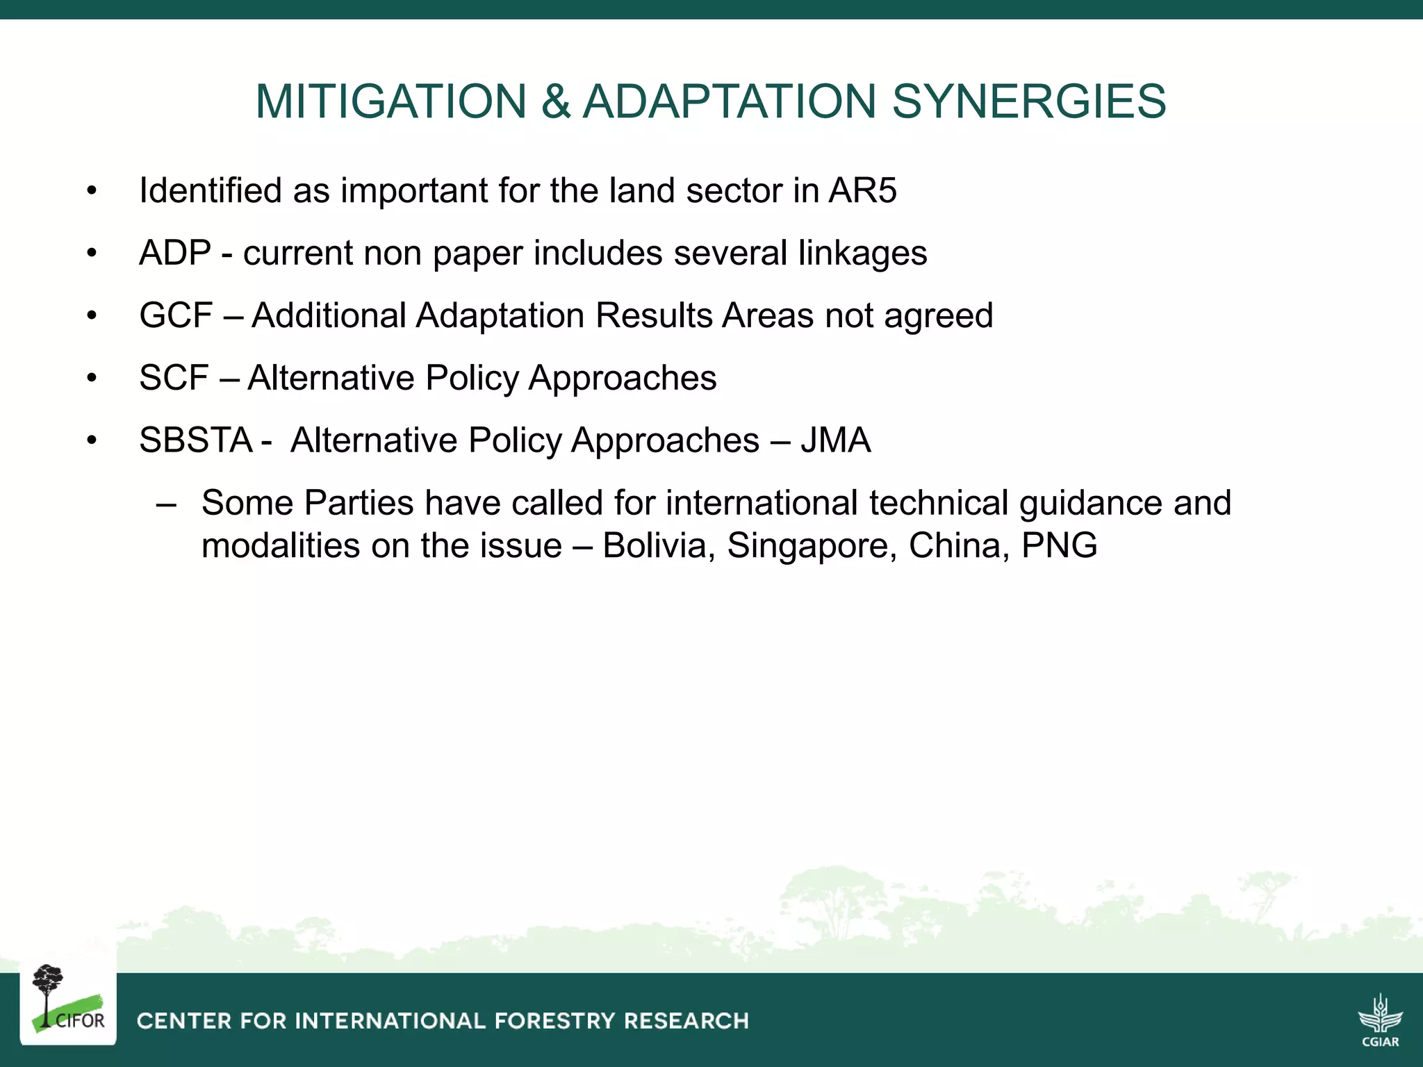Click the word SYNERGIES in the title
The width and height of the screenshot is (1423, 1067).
coord(1028,101)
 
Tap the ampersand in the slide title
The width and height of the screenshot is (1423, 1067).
coord(555,101)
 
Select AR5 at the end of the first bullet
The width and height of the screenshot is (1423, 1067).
coord(862,190)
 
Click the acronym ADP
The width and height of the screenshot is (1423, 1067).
coord(175,253)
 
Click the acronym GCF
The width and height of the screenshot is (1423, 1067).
coord(176,315)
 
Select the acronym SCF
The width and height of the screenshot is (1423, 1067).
coord(174,378)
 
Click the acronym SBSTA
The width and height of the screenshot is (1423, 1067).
coord(196,440)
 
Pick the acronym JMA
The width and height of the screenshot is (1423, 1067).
coord(835,440)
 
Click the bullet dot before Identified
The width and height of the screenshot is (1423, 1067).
coord(92,192)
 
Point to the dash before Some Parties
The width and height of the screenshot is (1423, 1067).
coord(166,504)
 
